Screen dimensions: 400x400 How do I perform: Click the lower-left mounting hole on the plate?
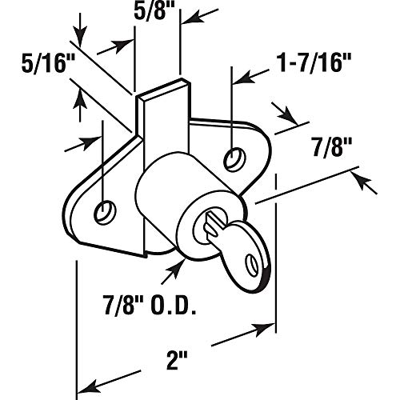pyautogui.click(x=103, y=211)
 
